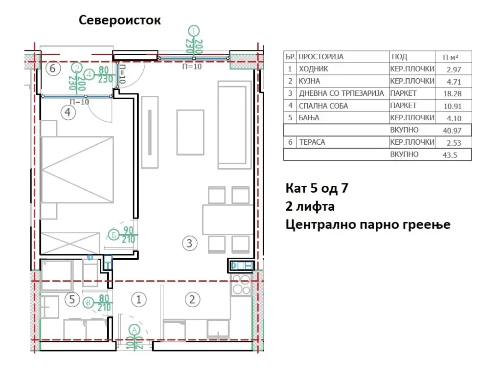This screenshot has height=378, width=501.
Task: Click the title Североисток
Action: [119, 20]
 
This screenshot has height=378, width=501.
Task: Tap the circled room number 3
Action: [189, 243]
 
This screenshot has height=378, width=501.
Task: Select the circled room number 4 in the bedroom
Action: [68, 112]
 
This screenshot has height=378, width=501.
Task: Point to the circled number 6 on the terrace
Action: [53, 68]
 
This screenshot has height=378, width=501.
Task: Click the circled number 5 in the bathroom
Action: [72, 299]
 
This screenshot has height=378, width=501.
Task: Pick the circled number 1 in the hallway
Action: [138, 299]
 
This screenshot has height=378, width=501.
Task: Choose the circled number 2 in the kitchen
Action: [192, 299]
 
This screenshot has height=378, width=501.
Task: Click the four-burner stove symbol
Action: [241, 285]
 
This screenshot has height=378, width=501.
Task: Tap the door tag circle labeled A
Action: [134, 330]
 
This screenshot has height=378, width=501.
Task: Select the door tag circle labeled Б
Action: [114, 235]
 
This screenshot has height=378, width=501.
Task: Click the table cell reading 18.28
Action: [453, 94]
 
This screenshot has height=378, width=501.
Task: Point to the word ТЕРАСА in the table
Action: [312, 142]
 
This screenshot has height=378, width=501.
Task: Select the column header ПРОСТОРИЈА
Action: [321, 57]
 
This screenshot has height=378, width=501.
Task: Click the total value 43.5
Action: [450, 155]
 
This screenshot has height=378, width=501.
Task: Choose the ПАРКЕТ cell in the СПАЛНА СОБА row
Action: [403, 106]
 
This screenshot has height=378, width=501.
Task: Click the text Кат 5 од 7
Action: [317, 188]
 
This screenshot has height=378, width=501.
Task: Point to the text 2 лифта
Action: [310, 206]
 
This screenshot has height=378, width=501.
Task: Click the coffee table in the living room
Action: [190, 132]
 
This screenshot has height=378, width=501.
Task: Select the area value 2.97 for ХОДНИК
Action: [454, 69]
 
